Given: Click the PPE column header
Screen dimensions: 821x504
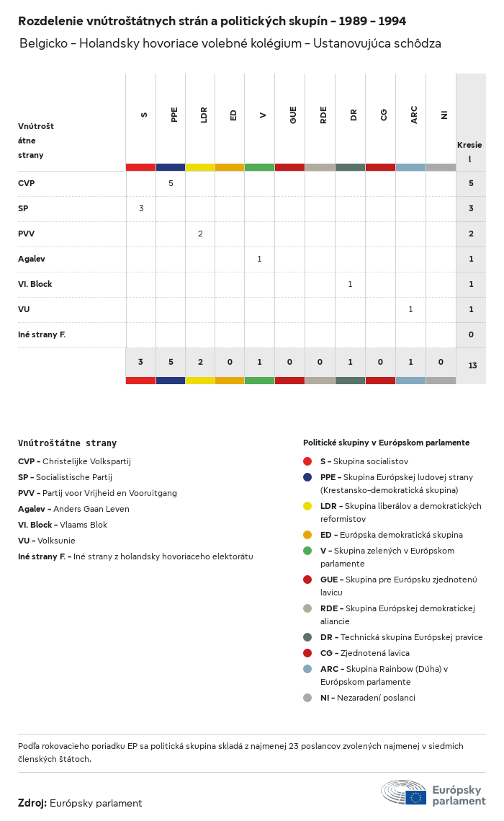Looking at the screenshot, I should click(174, 115).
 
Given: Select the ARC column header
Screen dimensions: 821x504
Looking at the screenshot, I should click(414, 115).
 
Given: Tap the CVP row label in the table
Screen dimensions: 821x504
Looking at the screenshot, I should click(27, 183).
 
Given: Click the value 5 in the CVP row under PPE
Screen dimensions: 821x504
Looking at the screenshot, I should click(171, 183).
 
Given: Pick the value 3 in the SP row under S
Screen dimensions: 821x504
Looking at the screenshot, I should click(141, 208).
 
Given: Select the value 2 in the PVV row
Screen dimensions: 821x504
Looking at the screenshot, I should click(200, 234).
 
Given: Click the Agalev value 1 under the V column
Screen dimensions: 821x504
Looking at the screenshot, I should click(259, 259).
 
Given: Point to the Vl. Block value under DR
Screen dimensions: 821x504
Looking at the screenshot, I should click(350, 284).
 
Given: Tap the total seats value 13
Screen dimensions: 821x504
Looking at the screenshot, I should click(472, 365).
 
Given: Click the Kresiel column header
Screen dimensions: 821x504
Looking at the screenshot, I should click(469, 151).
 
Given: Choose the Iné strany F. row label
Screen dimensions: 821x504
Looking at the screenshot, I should click(42, 334).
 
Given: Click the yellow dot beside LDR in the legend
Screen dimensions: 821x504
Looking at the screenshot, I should click(307, 506).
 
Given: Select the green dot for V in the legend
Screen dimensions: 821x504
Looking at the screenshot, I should click(307, 551).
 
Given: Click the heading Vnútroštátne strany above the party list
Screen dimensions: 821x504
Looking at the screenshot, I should click(67, 443).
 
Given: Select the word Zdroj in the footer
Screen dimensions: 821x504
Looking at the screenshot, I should click(32, 803).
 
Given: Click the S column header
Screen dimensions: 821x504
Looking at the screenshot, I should click(144, 115).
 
